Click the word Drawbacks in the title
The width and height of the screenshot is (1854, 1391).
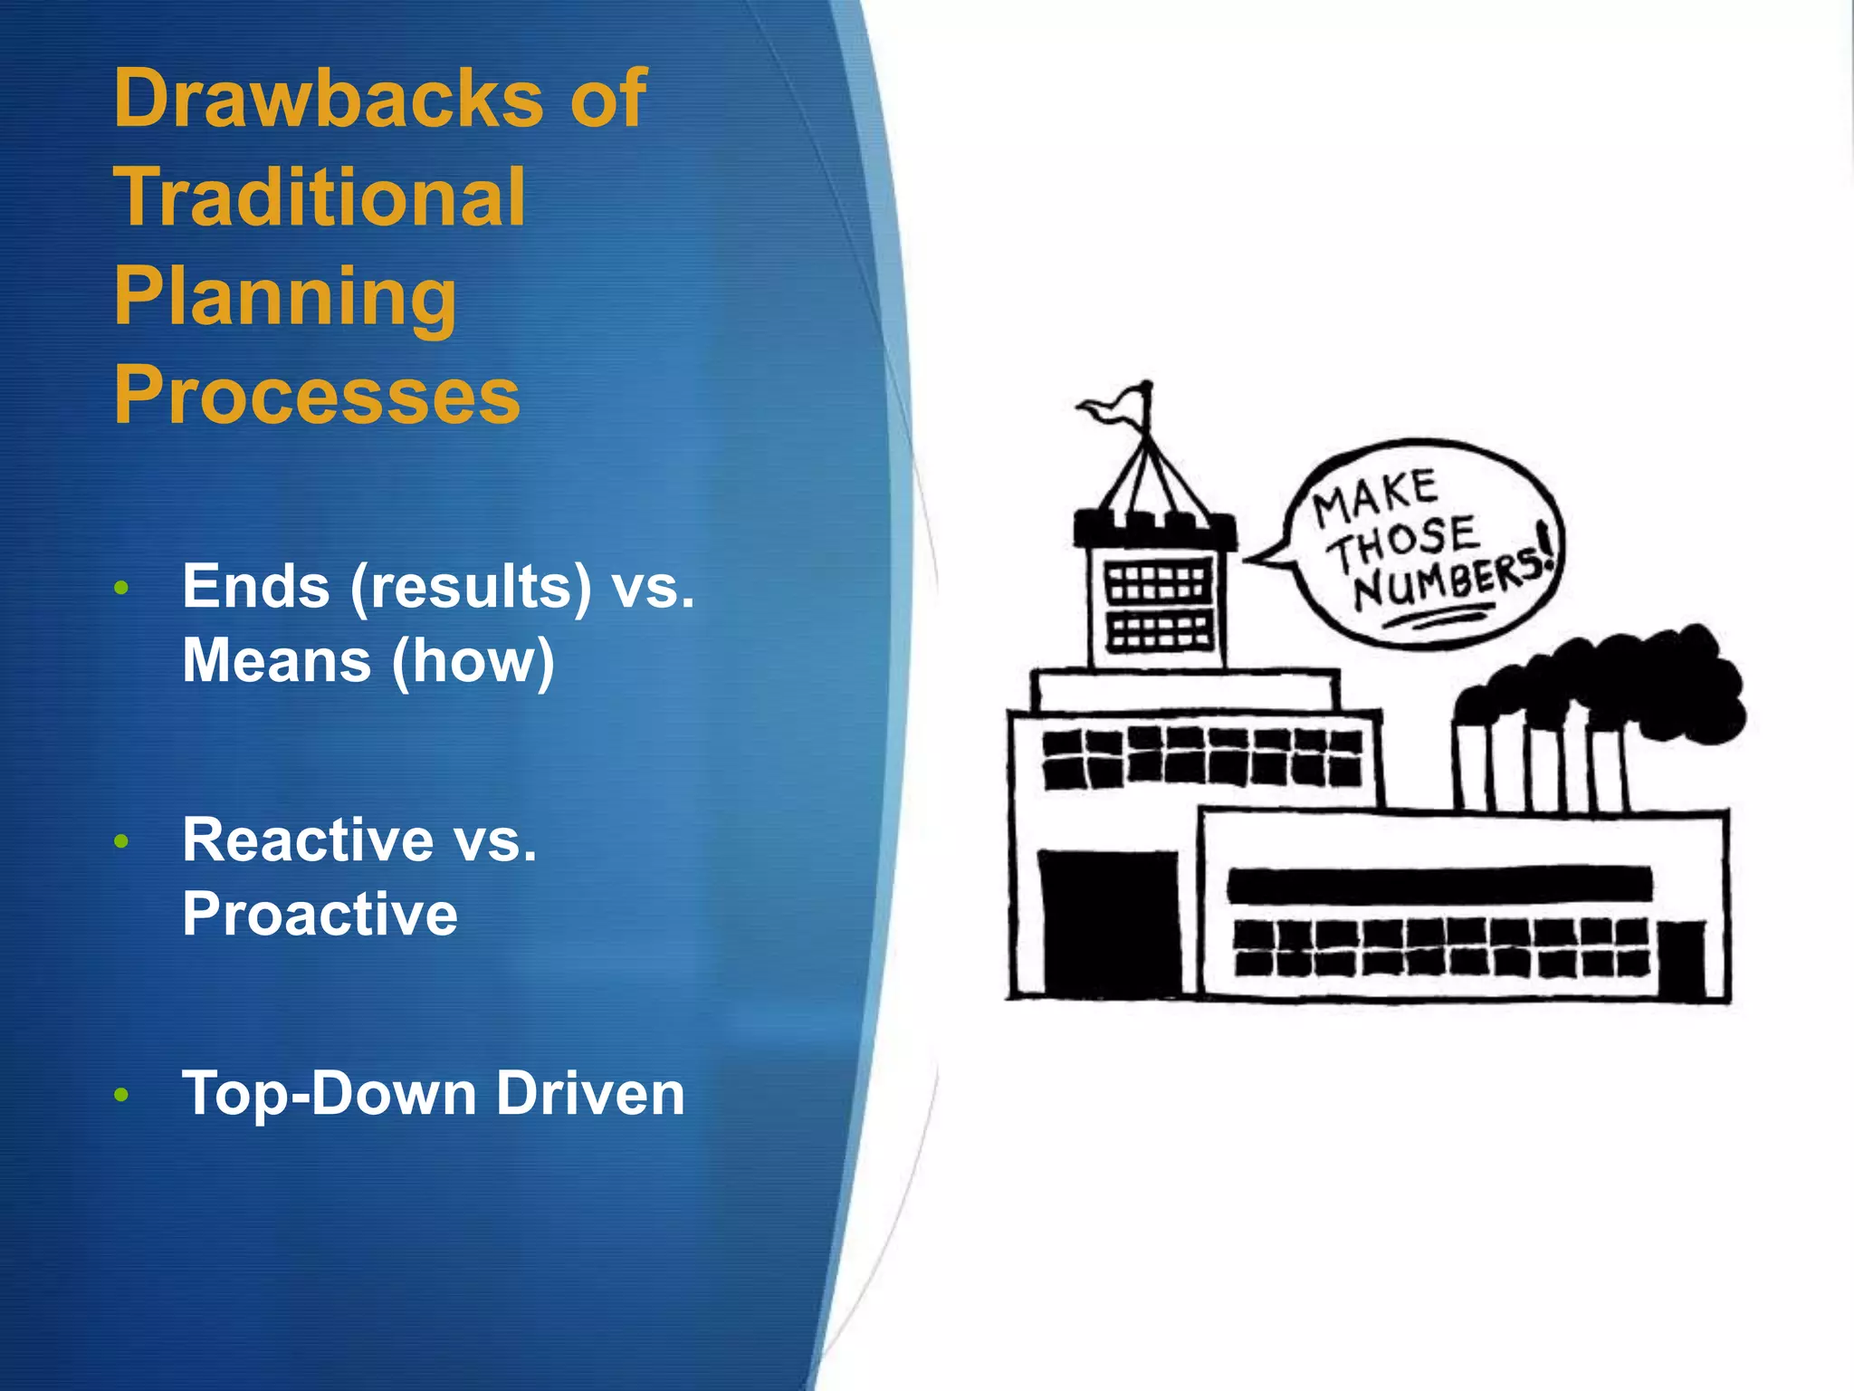point(328,99)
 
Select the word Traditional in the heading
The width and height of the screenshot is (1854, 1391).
point(319,197)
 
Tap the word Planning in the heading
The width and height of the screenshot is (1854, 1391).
point(285,298)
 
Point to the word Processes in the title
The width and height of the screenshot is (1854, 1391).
point(317,396)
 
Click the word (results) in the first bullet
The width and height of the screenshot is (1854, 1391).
point(471,588)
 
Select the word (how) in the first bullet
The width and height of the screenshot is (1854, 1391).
point(473,661)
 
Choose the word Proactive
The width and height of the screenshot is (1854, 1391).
point(320,914)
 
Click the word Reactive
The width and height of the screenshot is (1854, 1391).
point(308,840)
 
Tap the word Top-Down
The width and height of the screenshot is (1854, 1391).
point(330,1094)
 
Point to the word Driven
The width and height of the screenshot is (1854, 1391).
point(590,1094)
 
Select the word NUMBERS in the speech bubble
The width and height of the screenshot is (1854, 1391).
point(1448,580)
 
